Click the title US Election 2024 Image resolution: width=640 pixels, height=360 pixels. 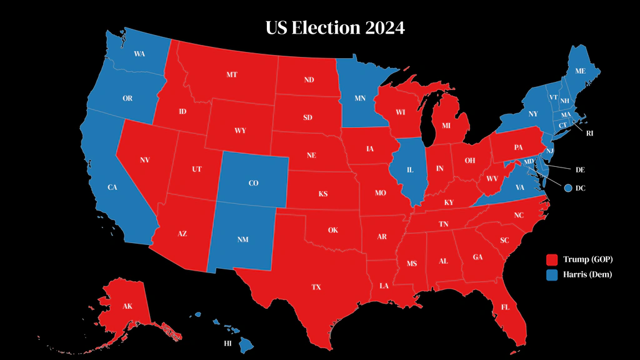(x=335, y=28)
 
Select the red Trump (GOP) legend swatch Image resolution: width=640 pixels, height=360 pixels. (x=552, y=259)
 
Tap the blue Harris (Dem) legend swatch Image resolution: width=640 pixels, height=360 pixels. (x=552, y=274)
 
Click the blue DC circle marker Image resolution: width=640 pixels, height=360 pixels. (x=567, y=187)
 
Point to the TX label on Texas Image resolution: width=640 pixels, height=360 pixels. (x=316, y=287)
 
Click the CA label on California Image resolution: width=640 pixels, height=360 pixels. (x=112, y=187)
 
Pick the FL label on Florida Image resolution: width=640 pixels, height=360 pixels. (x=504, y=307)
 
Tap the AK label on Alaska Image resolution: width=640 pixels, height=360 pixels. (x=127, y=307)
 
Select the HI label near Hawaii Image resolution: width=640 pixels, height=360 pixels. (x=229, y=344)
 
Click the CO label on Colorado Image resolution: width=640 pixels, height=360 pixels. (x=253, y=183)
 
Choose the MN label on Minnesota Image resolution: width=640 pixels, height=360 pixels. (x=360, y=99)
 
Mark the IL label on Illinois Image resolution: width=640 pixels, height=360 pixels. (x=410, y=169)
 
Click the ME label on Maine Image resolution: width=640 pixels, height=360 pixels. (x=580, y=71)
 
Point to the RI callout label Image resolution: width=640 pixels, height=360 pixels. (x=589, y=133)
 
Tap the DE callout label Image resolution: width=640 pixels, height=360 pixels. (x=581, y=169)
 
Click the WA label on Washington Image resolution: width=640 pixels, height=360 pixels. (x=139, y=54)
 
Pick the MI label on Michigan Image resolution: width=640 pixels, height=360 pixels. (x=446, y=126)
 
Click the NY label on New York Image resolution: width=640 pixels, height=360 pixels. (x=532, y=114)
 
